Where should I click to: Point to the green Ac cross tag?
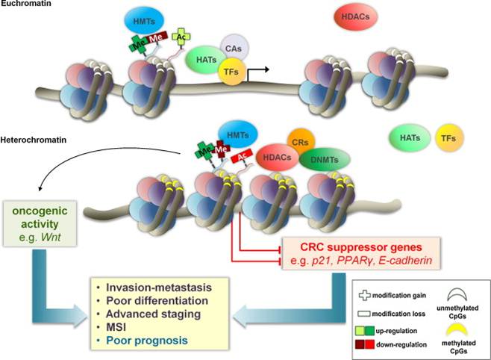181,37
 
